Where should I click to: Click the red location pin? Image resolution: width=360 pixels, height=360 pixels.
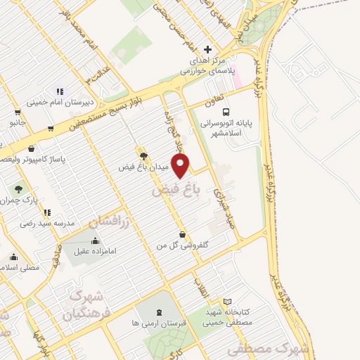[x=181, y=166]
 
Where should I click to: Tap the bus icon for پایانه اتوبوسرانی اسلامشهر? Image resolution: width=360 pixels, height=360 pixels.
[x=226, y=112]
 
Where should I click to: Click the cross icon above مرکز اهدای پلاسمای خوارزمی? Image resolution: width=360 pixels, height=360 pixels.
[x=207, y=49]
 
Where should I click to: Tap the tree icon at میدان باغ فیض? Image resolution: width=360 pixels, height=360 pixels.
[x=142, y=156]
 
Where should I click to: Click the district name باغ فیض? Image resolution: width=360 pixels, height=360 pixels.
[x=176, y=189]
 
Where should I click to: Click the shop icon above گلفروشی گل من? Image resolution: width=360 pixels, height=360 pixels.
[x=183, y=234]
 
